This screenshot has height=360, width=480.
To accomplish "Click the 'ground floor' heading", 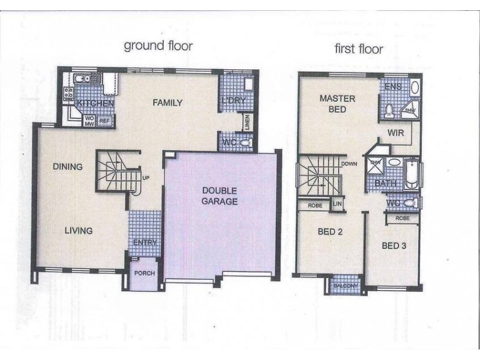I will click(x=158, y=46).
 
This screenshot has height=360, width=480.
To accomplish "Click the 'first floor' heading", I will click(x=359, y=49).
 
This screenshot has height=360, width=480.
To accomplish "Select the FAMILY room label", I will click(x=167, y=103).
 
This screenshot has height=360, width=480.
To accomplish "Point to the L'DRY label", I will click(x=233, y=101).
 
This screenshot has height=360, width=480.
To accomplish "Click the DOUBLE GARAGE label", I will click(x=220, y=196).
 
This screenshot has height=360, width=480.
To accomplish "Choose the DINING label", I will click(x=67, y=167).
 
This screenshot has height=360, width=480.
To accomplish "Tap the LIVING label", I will click(x=79, y=230).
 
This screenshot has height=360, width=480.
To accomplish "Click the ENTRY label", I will click(x=144, y=242).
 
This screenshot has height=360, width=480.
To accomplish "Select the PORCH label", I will click(x=145, y=273).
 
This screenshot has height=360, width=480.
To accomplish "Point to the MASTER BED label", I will click(x=337, y=104).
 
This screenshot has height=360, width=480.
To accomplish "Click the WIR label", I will click(x=395, y=133).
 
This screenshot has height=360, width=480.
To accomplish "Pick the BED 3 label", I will click(x=395, y=245).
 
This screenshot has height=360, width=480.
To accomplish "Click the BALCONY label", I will click(x=344, y=286).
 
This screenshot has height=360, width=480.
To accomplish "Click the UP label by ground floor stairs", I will click(x=146, y=177).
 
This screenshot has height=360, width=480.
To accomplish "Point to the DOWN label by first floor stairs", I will click(x=349, y=163).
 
